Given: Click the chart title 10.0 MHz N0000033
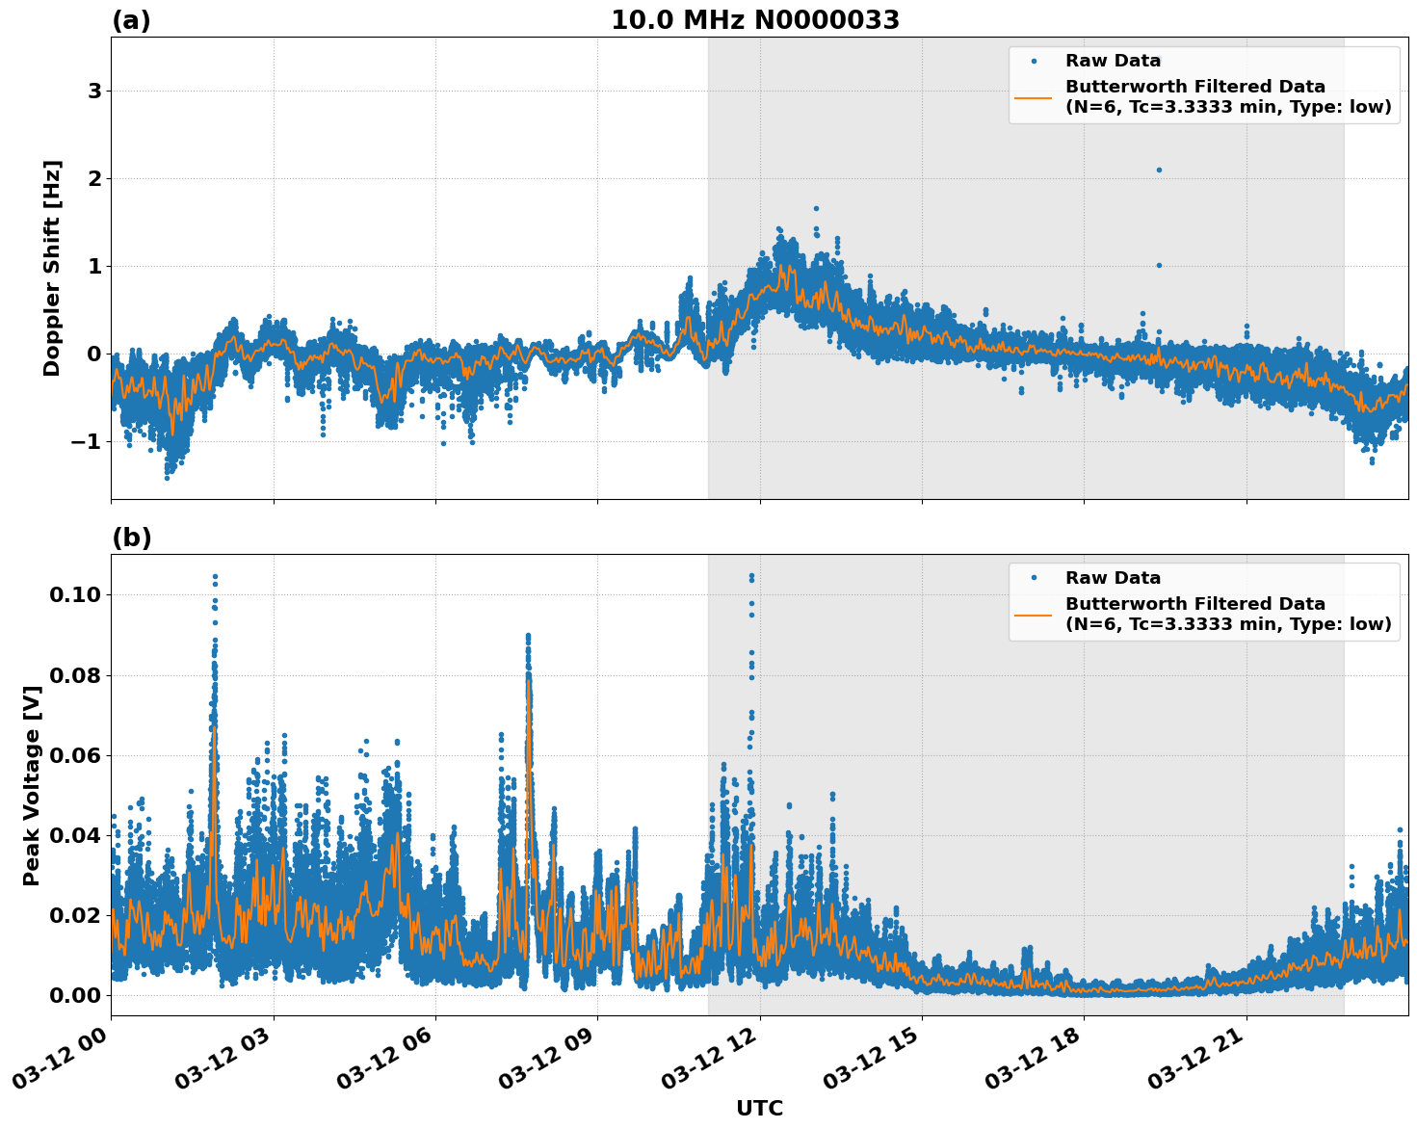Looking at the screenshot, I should click(x=755, y=20).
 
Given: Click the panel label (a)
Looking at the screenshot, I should click(x=131, y=20).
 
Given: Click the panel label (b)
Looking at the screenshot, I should click(x=131, y=538).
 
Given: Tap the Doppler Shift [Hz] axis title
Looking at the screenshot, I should click(x=52, y=268).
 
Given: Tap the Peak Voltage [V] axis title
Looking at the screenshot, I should click(x=32, y=785).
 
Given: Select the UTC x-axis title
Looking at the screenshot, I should click(x=759, y=1108).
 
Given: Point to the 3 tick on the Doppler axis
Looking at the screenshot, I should click(x=94, y=91).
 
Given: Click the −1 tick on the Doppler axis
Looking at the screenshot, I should click(x=88, y=441).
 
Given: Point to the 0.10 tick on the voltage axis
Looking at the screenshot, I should click(x=74, y=594).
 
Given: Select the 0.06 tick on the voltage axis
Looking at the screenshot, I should click(x=74, y=755).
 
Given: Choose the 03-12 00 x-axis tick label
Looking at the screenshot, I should click(x=66, y=1061).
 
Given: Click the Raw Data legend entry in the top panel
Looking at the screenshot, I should click(x=1113, y=61).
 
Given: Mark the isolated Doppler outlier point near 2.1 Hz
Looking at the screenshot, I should click(x=1159, y=170).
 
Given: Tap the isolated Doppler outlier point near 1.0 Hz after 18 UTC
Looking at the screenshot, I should click(x=1159, y=265).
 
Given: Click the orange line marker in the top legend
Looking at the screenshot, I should click(x=1033, y=97).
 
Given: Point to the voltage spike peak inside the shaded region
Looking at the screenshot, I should click(x=751, y=576).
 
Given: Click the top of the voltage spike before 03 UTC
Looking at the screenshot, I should click(x=215, y=577).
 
